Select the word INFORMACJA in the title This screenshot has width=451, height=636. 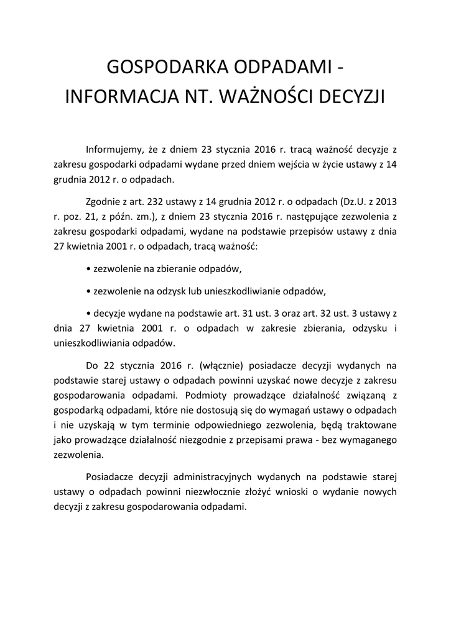(118, 98)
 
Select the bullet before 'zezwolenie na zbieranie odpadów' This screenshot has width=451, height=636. (88, 270)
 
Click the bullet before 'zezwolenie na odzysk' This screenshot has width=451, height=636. (88, 291)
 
